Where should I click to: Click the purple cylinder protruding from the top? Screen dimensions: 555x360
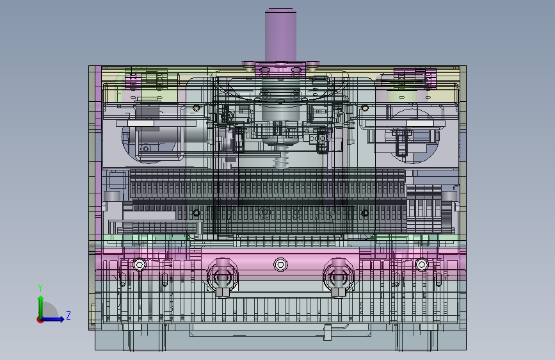click(280, 35)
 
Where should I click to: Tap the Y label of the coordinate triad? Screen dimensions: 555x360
click(40, 288)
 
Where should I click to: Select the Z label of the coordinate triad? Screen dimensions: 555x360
click(68, 315)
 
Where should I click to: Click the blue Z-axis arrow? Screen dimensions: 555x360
click(52, 319)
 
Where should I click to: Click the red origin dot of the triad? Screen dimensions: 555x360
click(40, 320)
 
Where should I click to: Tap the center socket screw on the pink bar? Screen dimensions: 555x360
click(280, 265)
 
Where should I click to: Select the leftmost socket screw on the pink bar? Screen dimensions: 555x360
click(140, 265)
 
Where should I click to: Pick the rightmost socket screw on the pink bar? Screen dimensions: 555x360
click(422, 265)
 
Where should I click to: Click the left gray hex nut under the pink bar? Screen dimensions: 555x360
click(222, 292)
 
